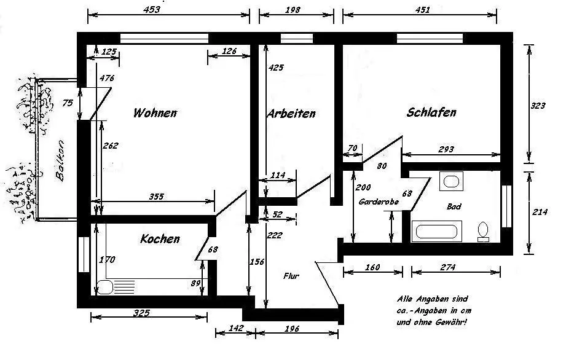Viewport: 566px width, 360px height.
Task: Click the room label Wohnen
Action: click(155, 113)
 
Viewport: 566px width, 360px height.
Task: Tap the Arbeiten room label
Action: click(291, 114)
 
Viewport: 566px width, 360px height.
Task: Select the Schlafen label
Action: click(431, 112)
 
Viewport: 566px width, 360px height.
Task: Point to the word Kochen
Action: click(160, 239)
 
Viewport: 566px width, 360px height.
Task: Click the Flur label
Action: click(291, 276)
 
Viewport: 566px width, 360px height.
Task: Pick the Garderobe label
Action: click(375, 202)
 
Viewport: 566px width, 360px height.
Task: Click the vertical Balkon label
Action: click(60, 161)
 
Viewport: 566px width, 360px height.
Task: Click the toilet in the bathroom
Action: click(484, 231)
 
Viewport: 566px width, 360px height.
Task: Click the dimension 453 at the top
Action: click(151, 9)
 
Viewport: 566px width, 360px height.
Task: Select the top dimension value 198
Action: click(293, 9)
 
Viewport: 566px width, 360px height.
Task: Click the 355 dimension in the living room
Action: click(157, 197)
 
